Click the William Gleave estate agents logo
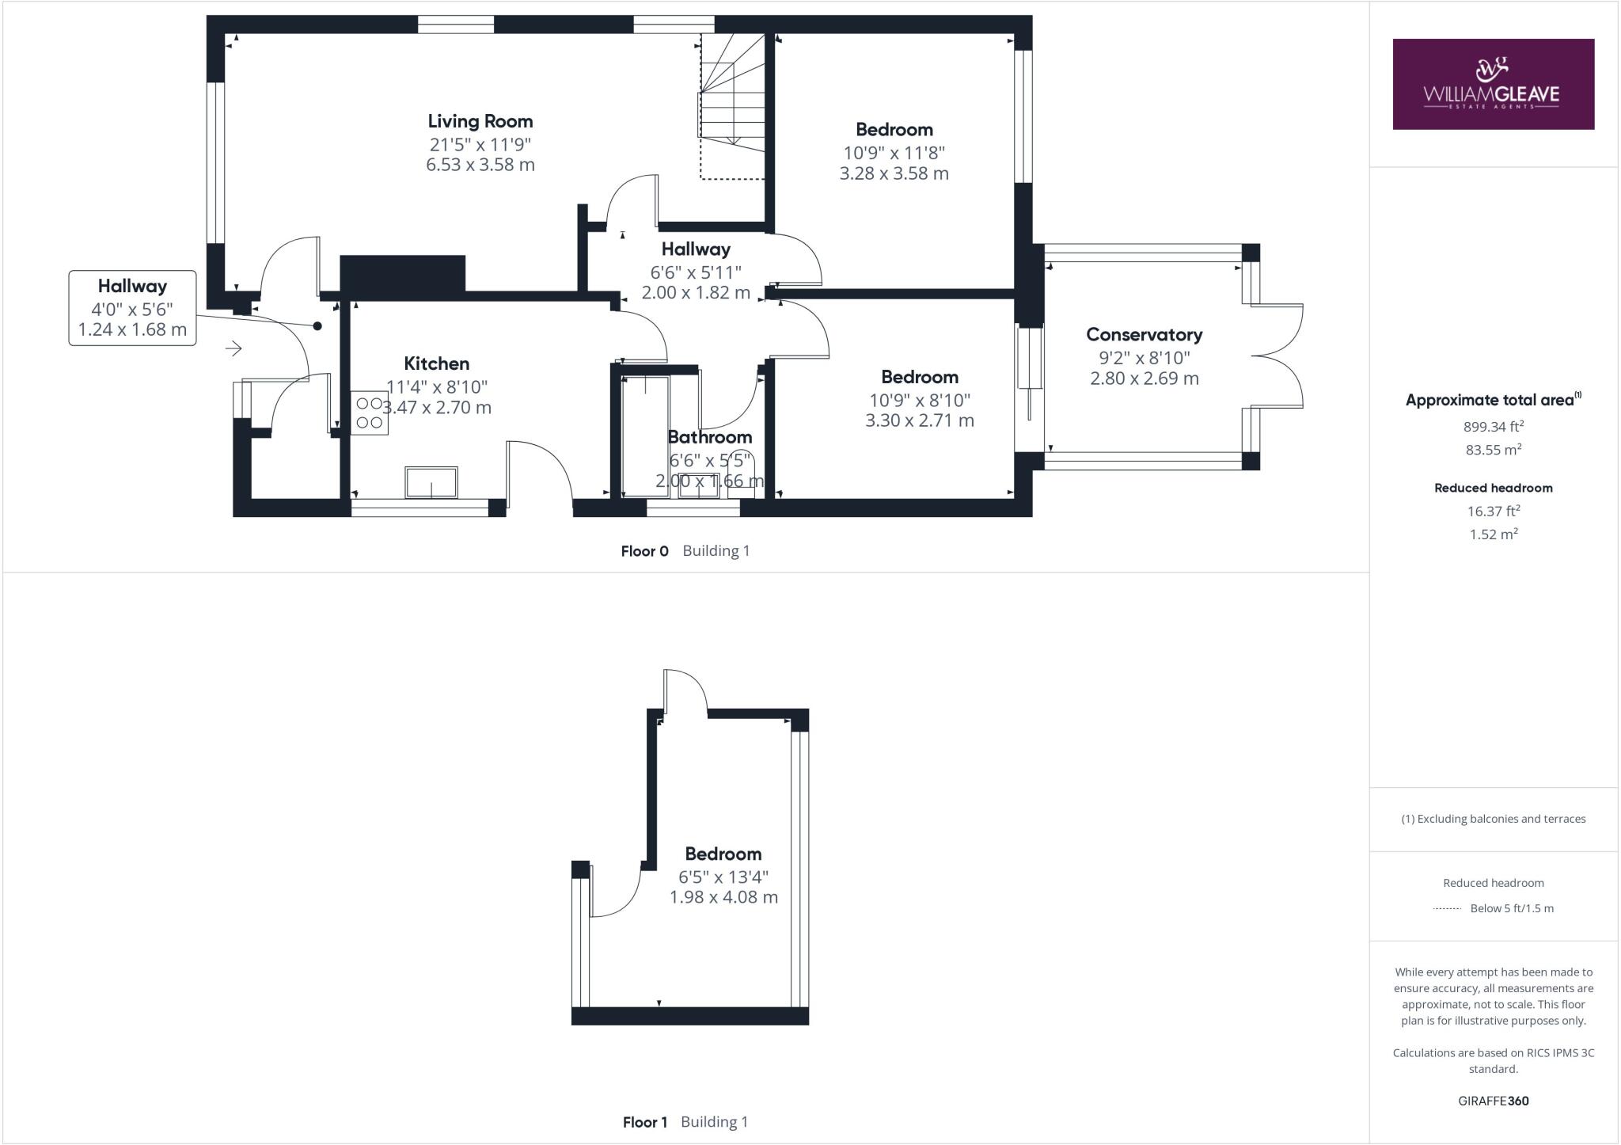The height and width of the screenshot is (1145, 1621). click(1493, 84)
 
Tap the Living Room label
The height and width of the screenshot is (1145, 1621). click(480, 121)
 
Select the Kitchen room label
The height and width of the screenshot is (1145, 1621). click(437, 363)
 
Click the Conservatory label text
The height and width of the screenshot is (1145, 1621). click(1144, 334)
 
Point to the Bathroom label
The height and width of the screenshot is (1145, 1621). click(709, 437)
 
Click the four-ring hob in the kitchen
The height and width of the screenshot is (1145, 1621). click(370, 413)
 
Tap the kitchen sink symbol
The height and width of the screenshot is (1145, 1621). click(431, 482)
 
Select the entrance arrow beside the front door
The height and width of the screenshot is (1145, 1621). click(233, 348)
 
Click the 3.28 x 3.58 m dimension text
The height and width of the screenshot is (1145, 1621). click(894, 173)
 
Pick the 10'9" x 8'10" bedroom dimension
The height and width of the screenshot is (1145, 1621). click(920, 400)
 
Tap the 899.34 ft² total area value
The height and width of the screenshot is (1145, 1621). click(1494, 427)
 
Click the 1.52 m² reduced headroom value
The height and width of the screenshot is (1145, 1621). click(1494, 534)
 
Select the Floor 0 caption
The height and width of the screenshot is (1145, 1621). click(644, 551)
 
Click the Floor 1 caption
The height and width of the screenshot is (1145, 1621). click(645, 1122)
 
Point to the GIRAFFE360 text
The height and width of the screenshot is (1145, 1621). click(1494, 1101)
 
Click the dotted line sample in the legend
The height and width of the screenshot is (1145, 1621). click(1446, 909)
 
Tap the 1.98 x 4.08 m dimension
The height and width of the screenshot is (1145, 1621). click(723, 897)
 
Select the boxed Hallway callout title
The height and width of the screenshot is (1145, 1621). click(132, 286)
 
